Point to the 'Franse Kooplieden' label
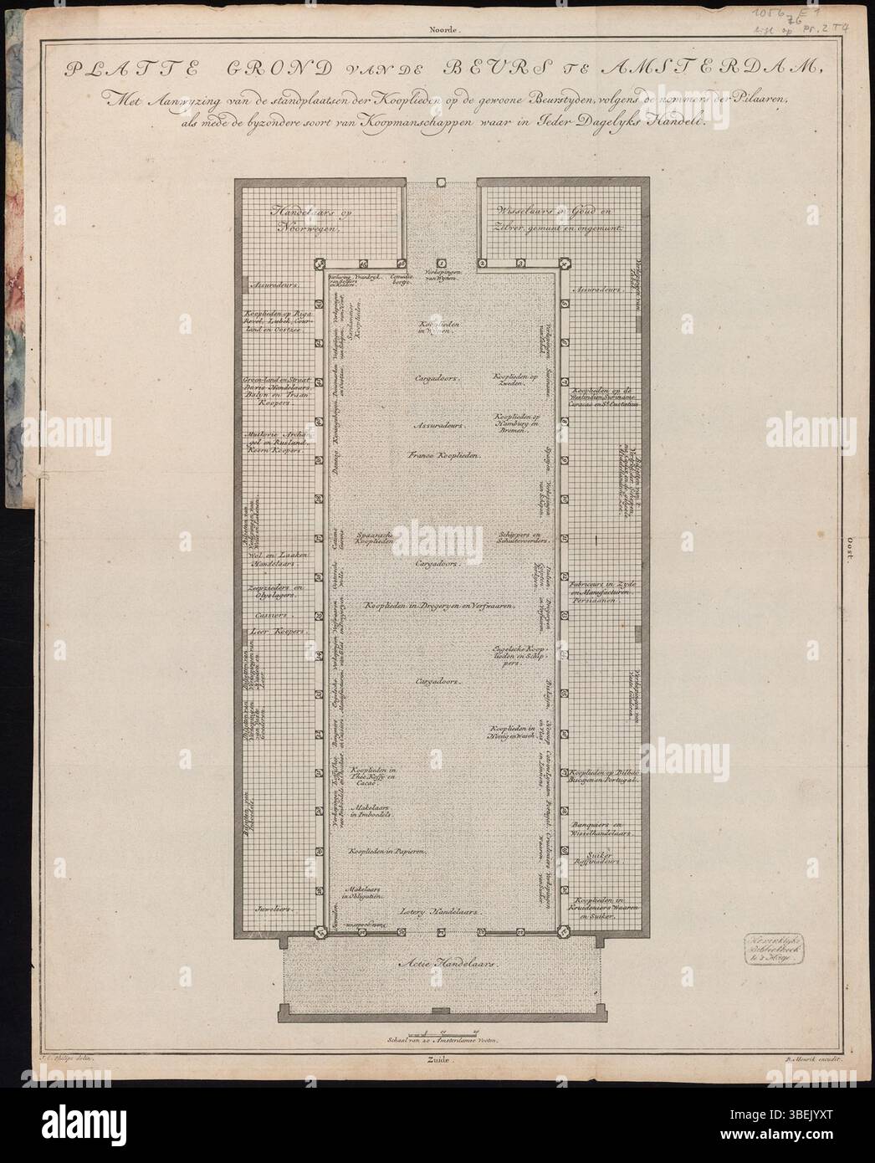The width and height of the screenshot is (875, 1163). [443, 454]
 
